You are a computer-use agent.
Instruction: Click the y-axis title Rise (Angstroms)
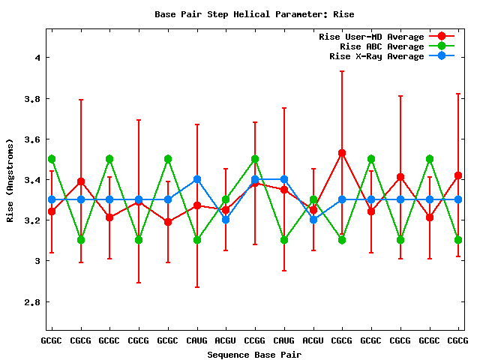[x=11, y=180]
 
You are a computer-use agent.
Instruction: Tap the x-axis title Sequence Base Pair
[x=253, y=354]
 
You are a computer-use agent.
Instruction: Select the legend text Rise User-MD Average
[x=371, y=37]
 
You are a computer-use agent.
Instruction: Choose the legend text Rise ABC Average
[x=382, y=46]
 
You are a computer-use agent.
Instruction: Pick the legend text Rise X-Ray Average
[x=376, y=56]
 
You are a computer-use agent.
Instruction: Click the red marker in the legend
[x=442, y=37]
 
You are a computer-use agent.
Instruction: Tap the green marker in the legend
[x=442, y=46]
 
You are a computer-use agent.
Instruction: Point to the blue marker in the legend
[x=442, y=56]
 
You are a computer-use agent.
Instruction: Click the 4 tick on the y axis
[x=36, y=58]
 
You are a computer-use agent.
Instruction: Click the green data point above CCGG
[x=255, y=159]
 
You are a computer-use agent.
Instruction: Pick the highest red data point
[x=342, y=153]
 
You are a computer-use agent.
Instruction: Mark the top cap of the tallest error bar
[x=342, y=71]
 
